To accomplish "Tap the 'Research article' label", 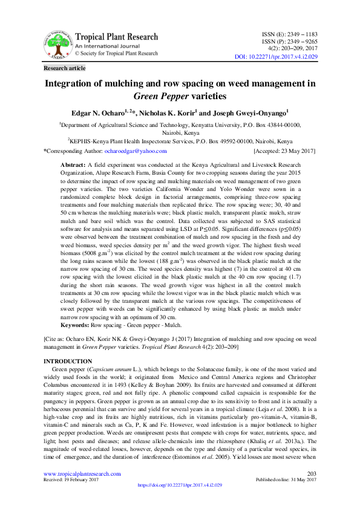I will [x=64, y=68].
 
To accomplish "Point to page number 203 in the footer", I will [x=312, y=473].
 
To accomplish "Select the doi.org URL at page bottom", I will [x=180, y=485].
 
